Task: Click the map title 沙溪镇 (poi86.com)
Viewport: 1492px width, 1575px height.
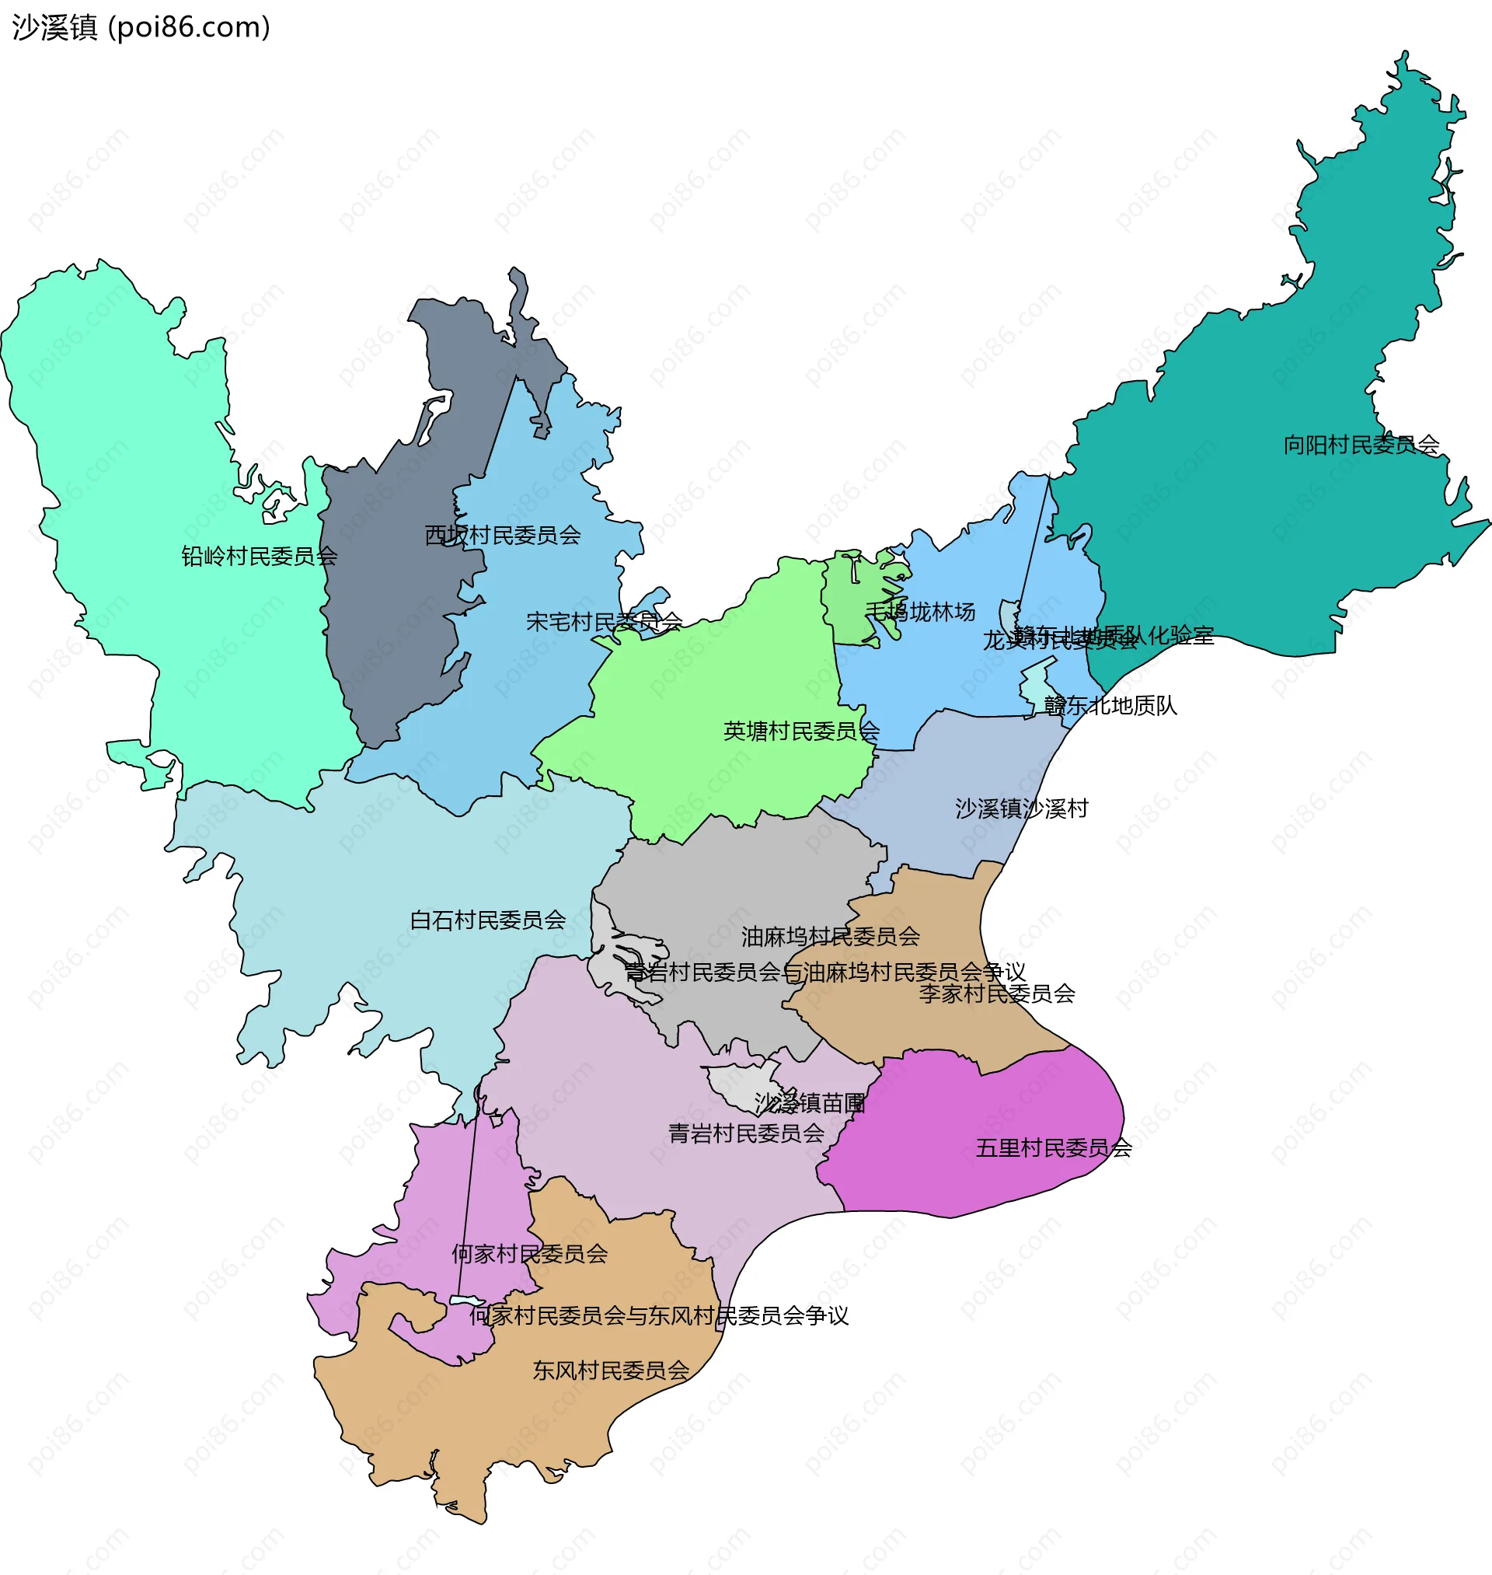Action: [x=141, y=28]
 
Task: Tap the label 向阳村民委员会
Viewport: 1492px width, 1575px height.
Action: [x=1361, y=445]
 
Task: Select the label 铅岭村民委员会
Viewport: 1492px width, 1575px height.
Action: [x=260, y=556]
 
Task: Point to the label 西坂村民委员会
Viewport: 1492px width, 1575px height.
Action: [x=503, y=536]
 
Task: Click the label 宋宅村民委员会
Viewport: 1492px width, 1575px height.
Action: [x=605, y=622]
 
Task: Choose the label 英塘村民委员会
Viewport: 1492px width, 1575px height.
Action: [x=801, y=731]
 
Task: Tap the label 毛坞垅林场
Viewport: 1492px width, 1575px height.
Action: [x=920, y=612]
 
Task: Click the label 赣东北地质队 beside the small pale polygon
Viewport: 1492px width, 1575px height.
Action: [x=1110, y=706]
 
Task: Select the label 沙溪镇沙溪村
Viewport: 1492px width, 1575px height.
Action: [x=1021, y=809]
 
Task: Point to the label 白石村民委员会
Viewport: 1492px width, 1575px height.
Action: [x=487, y=920]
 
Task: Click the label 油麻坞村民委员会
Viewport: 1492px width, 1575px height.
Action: [x=830, y=937]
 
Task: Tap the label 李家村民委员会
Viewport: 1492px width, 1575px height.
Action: [x=996, y=994]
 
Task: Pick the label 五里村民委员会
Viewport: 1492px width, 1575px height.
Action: [x=1053, y=1148]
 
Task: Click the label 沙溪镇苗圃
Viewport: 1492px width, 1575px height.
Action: [x=810, y=1103]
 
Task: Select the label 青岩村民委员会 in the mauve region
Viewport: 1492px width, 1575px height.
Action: [x=745, y=1133]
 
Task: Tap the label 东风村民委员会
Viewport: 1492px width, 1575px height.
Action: [x=611, y=1371]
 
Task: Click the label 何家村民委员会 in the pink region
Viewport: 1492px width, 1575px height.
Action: [x=530, y=1255]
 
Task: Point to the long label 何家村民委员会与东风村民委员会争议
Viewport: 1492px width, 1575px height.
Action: [x=658, y=1315]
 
